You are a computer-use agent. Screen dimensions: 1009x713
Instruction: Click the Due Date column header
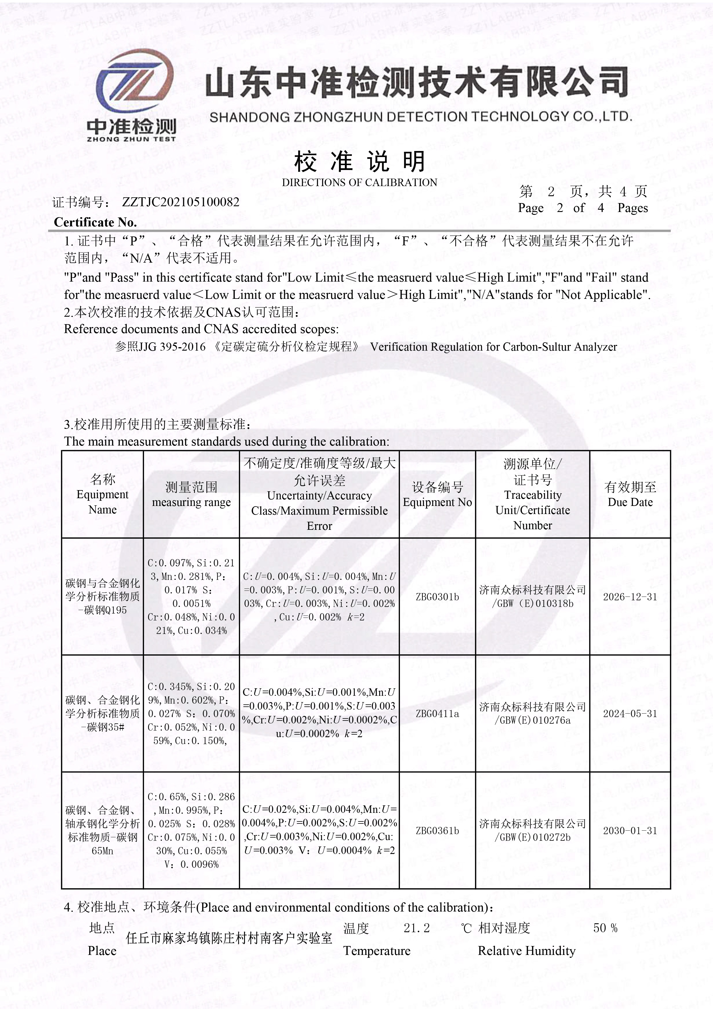(x=630, y=494)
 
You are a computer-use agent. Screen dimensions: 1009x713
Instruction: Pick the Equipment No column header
(x=437, y=494)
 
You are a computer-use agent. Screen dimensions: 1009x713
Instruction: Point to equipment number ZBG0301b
(x=437, y=597)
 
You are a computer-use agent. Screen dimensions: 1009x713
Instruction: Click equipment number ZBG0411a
(x=437, y=713)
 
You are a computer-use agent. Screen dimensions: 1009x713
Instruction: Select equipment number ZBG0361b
(x=437, y=831)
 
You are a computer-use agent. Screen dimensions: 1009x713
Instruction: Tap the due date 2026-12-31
(x=630, y=597)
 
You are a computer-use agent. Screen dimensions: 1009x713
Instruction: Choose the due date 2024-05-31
(x=630, y=713)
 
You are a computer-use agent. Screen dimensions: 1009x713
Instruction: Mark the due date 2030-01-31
(x=630, y=831)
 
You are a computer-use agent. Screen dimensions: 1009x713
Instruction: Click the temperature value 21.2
(x=417, y=928)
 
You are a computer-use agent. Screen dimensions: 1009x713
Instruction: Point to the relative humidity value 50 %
(x=605, y=928)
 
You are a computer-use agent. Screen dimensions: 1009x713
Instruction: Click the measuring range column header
(x=191, y=494)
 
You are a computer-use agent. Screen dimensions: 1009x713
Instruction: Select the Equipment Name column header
(x=102, y=494)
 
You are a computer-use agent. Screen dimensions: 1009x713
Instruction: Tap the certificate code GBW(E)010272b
(x=532, y=838)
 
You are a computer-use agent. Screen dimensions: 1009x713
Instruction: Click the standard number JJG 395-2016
(x=172, y=347)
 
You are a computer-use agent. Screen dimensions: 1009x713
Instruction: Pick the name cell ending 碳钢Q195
(x=102, y=597)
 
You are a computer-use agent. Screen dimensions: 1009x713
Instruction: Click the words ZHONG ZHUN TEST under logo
(x=131, y=139)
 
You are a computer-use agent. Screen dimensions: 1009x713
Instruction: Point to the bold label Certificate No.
(x=95, y=222)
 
